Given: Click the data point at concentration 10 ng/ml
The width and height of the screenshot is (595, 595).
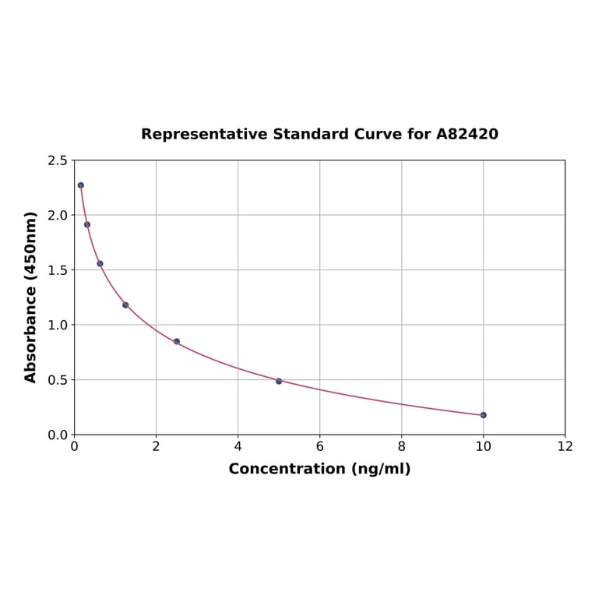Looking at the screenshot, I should [x=483, y=415].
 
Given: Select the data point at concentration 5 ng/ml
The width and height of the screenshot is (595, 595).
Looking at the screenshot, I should [x=279, y=381].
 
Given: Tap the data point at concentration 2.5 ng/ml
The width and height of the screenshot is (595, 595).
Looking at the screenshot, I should [x=177, y=341].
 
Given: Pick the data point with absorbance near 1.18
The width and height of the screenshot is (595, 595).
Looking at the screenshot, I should [x=125, y=305].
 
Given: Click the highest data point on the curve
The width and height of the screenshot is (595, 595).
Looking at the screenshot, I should [x=81, y=185].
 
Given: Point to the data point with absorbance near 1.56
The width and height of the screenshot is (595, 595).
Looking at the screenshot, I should [x=100, y=263].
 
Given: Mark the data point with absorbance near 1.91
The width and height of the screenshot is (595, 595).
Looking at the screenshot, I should [x=87, y=224].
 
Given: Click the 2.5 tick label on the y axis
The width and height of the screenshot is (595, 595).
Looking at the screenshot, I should [x=58, y=160].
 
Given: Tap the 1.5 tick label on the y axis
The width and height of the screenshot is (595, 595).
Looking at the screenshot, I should [x=58, y=270].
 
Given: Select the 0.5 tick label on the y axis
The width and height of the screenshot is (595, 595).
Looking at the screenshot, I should [x=58, y=380].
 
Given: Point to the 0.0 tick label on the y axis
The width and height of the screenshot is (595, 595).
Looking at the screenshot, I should [x=58, y=435].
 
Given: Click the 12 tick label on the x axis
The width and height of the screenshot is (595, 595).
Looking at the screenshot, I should [x=565, y=447].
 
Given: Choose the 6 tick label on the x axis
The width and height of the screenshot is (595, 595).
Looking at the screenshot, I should [x=319, y=447].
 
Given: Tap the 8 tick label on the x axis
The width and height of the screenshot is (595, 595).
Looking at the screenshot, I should [x=401, y=447].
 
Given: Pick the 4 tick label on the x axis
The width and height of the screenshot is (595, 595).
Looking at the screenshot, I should [x=238, y=447].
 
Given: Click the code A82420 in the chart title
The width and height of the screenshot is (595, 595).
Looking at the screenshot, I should [x=466, y=134].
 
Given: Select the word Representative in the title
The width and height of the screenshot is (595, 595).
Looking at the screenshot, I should [x=204, y=134].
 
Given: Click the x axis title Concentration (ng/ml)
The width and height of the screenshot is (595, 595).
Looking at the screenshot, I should [x=319, y=469].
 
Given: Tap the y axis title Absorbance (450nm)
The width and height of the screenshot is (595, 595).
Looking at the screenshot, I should [x=31, y=297].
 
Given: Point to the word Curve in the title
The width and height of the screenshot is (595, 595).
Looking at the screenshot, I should [x=378, y=134].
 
